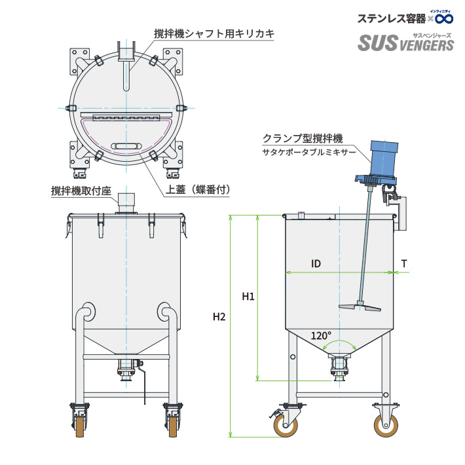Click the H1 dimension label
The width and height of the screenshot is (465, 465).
(248, 297)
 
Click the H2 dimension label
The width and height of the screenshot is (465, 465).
(219, 317)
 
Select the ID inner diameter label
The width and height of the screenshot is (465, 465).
(316, 263)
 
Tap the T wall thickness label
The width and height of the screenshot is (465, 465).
(404, 263)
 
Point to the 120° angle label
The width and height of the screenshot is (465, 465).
(321, 335)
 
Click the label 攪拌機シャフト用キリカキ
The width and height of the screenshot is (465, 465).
(214, 33)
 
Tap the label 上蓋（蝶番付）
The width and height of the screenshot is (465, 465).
(200, 189)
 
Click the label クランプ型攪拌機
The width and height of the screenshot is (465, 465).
(303, 138)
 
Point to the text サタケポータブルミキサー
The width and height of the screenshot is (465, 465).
(309, 152)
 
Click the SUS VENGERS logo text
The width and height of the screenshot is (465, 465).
(405, 44)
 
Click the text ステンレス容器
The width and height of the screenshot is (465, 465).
(391, 18)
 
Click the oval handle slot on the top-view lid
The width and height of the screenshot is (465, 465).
(126, 145)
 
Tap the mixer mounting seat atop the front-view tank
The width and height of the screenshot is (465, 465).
(126, 202)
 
